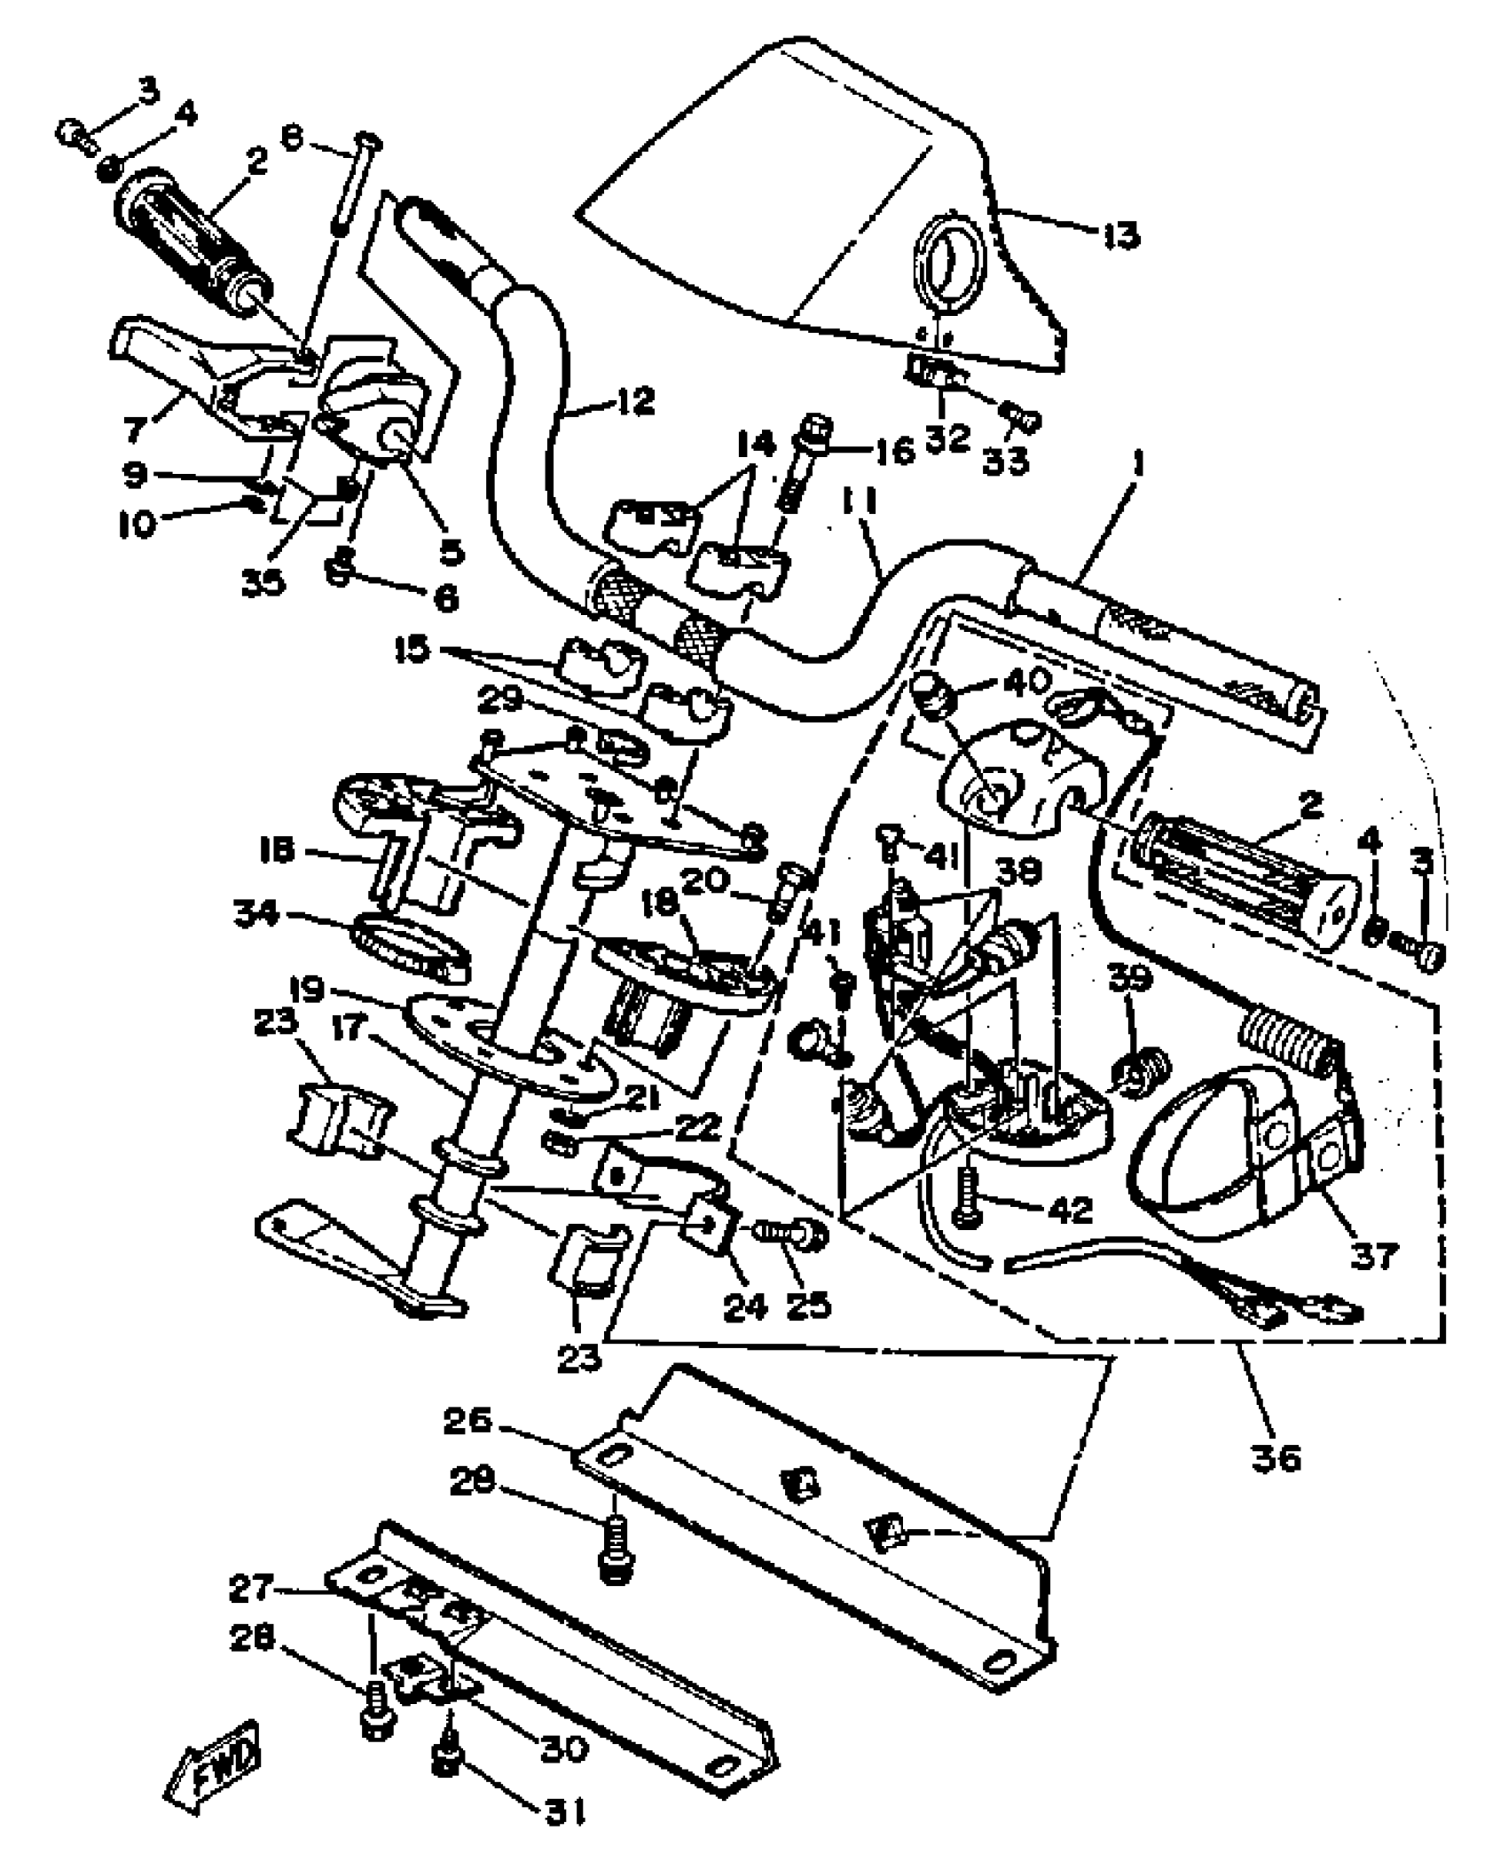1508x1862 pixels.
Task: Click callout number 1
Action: click(1139, 465)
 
